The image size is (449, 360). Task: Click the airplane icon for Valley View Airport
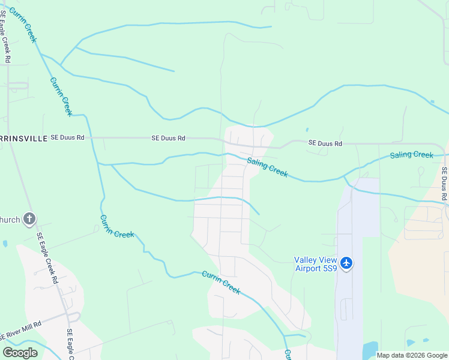pyautogui.click(x=346, y=263)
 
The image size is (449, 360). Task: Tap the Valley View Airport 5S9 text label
pyautogui.click(x=315, y=264)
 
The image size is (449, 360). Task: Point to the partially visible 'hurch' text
pyautogui.click(x=10, y=220)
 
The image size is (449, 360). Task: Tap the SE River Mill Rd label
pyautogui.click(x=20, y=330)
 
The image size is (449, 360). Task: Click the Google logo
pyautogui.click(x=20, y=353)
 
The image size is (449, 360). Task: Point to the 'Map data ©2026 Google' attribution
pyautogui.click(x=411, y=355)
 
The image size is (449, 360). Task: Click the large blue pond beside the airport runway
pyautogui.click(x=370, y=350)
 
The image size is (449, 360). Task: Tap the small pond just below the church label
pyautogui.click(x=5, y=244)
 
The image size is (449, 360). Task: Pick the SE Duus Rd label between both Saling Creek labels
pyautogui.click(x=325, y=143)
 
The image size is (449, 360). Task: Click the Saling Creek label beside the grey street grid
pyautogui.click(x=267, y=167)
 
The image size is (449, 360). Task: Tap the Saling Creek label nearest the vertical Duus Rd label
pyautogui.click(x=411, y=155)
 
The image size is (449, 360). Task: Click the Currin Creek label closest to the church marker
pyautogui.click(x=116, y=226)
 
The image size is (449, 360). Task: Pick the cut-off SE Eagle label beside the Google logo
pyautogui.click(x=70, y=344)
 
